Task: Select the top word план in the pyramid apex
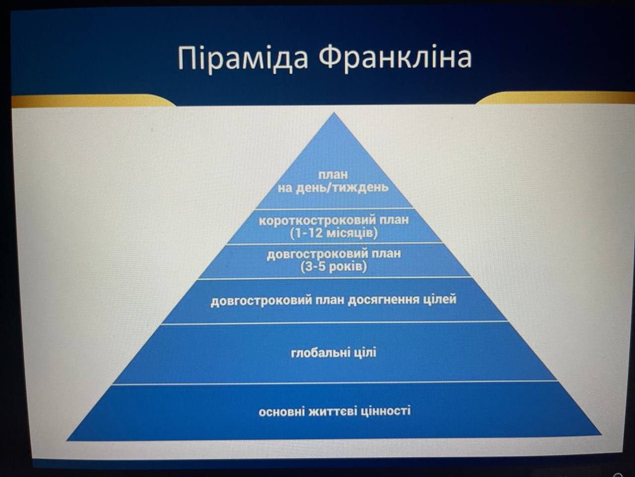(x=333, y=175)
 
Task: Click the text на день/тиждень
(x=333, y=188)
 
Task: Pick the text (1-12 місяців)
(x=334, y=234)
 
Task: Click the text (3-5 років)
(x=333, y=267)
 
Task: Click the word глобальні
(x=319, y=353)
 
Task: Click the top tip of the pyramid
(x=334, y=113)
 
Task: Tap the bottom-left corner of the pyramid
(x=67, y=441)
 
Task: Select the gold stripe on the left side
(x=93, y=100)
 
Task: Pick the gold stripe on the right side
(x=556, y=98)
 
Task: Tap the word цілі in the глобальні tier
(x=365, y=352)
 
